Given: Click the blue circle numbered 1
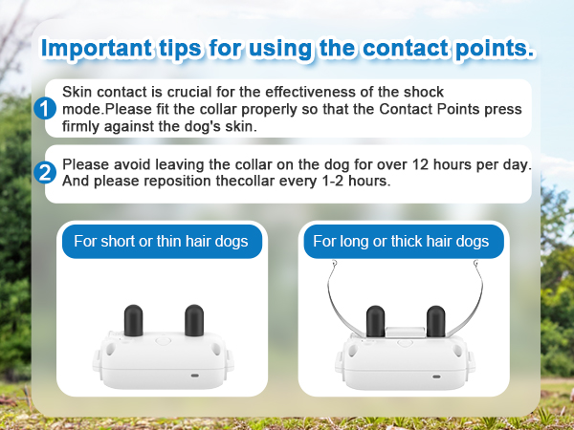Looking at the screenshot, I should click(45, 108).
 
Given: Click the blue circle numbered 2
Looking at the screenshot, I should click(45, 173).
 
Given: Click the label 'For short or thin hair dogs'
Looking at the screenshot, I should click(161, 241).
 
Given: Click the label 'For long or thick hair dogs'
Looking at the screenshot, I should click(401, 241).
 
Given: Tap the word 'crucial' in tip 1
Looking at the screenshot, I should click(200, 91).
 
